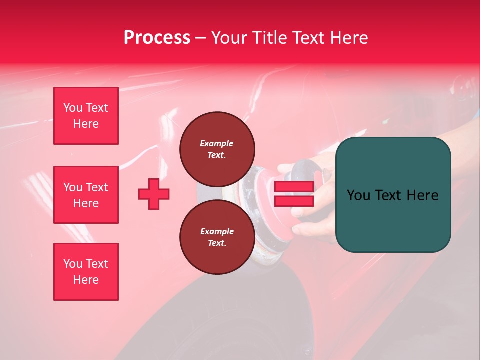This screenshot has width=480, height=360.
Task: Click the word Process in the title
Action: tap(157, 38)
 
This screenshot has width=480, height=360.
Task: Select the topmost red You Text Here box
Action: tap(86, 116)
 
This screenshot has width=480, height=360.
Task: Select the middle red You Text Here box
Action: tap(86, 195)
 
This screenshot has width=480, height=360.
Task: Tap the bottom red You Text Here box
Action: tap(86, 272)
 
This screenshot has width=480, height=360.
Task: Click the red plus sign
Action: tap(153, 194)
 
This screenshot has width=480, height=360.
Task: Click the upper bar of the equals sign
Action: tap(294, 187)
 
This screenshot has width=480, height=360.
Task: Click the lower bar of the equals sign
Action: tap(294, 201)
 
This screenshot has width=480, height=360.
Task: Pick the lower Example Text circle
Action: tap(217, 237)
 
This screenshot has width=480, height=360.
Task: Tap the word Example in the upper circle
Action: tap(217, 143)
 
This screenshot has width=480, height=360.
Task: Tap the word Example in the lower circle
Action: tap(217, 231)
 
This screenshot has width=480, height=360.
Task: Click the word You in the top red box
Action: tap(73, 108)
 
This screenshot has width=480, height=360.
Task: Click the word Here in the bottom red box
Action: tap(86, 280)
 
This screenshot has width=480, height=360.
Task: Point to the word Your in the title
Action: tap(230, 38)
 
